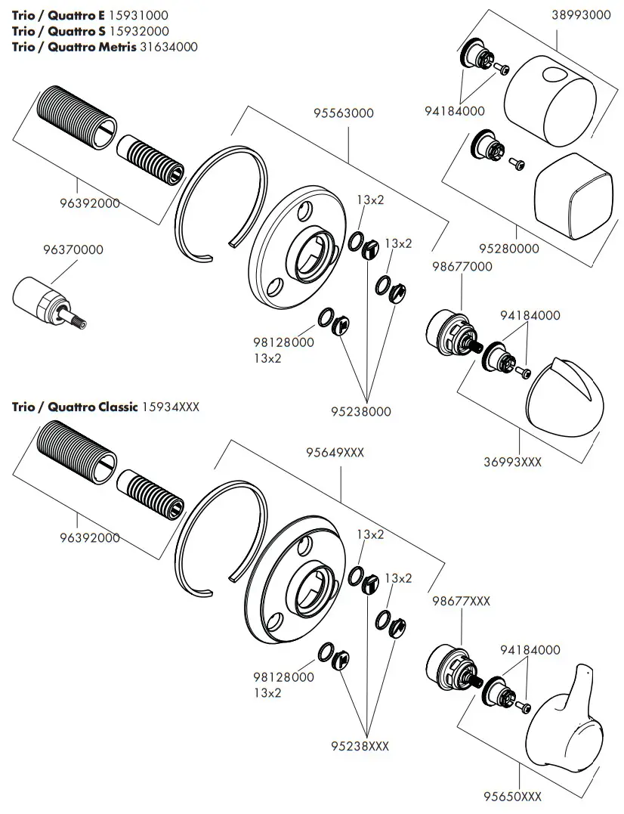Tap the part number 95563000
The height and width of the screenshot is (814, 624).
pyautogui.click(x=344, y=113)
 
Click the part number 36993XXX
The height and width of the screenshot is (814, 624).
pyautogui.click(x=513, y=462)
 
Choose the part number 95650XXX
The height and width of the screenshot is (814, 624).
pyautogui.click(x=513, y=796)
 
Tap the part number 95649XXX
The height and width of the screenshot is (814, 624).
pyautogui.click(x=335, y=453)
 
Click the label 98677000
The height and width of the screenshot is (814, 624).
pyautogui.click(x=462, y=266)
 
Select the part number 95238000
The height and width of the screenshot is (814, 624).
pyautogui.click(x=361, y=412)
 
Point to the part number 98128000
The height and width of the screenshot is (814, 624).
pyautogui.click(x=284, y=342)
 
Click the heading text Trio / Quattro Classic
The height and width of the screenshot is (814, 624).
pyautogui.click(x=75, y=407)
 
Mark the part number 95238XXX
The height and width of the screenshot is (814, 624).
pyautogui.click(x=360, y=746)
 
